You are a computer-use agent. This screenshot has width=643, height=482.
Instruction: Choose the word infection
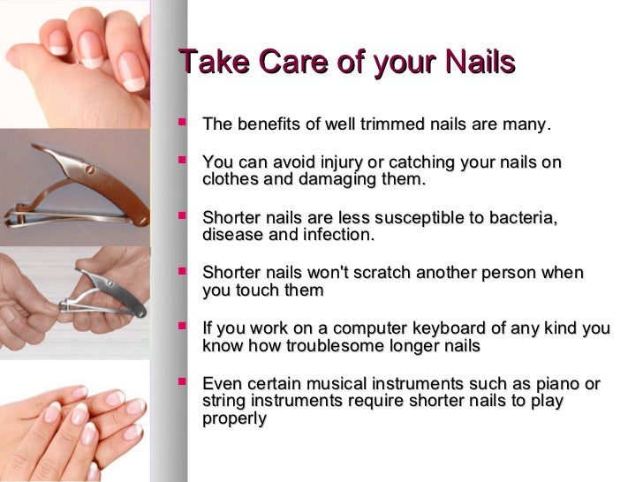pyautogui.click(x=340, y=235)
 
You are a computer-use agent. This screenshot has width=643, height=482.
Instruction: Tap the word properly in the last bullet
pyautogui.click(x=234, y=418)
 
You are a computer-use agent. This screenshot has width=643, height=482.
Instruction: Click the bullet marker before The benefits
pyautogui.click(x=183, y=123)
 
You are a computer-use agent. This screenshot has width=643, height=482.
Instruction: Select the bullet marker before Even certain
pyautogui.click(x=183, y=382)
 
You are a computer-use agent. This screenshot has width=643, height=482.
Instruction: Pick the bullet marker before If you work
pyautogui.click(x=183, y=327)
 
